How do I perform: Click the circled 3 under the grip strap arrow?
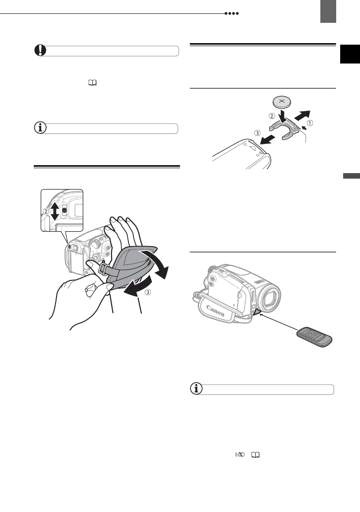(x=147, y=292)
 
